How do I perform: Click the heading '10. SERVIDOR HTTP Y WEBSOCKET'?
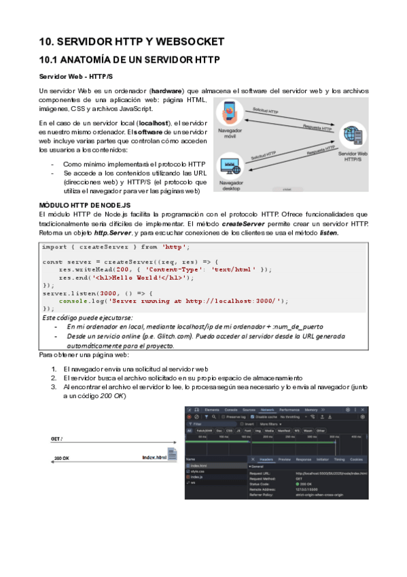132,42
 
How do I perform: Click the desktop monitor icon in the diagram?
229,165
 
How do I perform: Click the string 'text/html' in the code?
234,269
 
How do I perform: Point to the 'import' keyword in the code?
54,246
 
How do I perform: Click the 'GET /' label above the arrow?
57,440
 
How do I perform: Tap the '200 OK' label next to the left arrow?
62,459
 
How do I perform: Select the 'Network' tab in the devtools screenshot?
267,410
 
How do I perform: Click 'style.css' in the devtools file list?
197,471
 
